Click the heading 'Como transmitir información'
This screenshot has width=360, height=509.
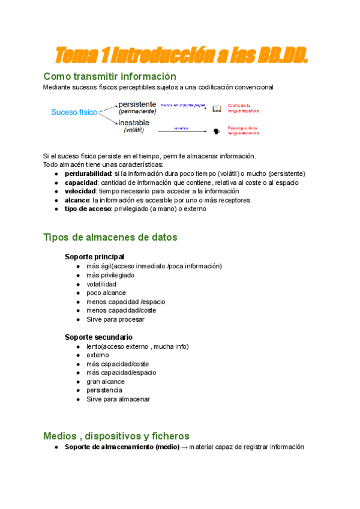click(x=110, y=76)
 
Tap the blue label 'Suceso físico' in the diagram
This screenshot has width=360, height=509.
click(x=74, y=112)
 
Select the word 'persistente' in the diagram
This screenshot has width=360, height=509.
click(x=137, y=104)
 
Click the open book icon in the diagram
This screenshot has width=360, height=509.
click(x=217, y=109)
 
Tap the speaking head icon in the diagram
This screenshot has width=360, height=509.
click(x=217, y=130)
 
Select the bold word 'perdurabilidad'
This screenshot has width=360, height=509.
click(x=92, y=173)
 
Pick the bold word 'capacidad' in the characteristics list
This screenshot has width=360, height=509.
click(x=82, y=182)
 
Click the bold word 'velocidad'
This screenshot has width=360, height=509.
click(x=82, y=191)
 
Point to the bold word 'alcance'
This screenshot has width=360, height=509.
click(x=77, y=200)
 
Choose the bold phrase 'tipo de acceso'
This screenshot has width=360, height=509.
click(x=88, y=209)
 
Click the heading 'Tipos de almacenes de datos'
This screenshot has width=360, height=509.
click(x=110, y=237)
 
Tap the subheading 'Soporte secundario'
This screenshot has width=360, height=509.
click(x=98, y=337)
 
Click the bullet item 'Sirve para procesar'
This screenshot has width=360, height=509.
click(x=115, y=319)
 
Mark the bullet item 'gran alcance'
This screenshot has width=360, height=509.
click(x=106, y=381)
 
